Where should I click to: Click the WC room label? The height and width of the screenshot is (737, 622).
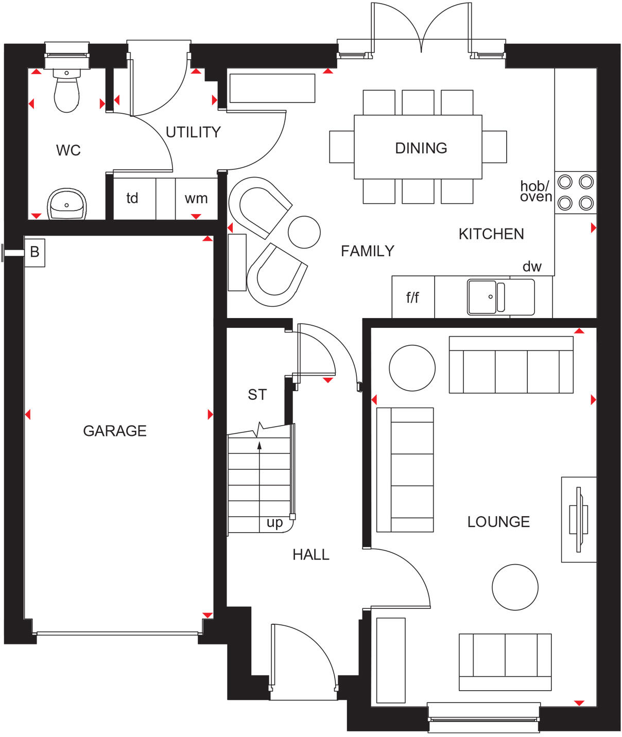pos(68,150)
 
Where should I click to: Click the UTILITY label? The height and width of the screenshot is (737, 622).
pos(193,132)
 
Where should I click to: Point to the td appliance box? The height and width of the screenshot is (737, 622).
pos(133,199)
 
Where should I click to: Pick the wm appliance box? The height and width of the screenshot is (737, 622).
pos(196,199)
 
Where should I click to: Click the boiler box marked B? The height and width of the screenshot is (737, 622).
pos(34,252)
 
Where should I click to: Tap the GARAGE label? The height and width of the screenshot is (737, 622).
pos(115,431)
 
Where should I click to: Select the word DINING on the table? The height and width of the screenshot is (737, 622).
pos(421,148)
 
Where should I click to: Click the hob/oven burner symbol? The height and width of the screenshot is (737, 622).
pos(575,192)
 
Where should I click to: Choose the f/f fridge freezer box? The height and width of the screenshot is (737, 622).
pos(412,297)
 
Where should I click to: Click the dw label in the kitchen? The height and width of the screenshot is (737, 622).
pos(532,267)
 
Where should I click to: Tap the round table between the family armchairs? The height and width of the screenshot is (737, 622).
pos(304,232)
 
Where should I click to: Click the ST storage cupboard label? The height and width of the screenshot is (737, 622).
pos(257,395)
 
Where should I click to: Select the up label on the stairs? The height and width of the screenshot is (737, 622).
pos(274,523)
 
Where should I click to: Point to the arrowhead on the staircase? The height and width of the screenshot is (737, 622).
pos(260,445)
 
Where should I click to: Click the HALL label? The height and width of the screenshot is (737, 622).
pos(310,555)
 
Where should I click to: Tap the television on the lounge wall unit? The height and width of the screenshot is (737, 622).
pos(579,519)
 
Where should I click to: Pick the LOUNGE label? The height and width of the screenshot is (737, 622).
pos(498,522)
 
